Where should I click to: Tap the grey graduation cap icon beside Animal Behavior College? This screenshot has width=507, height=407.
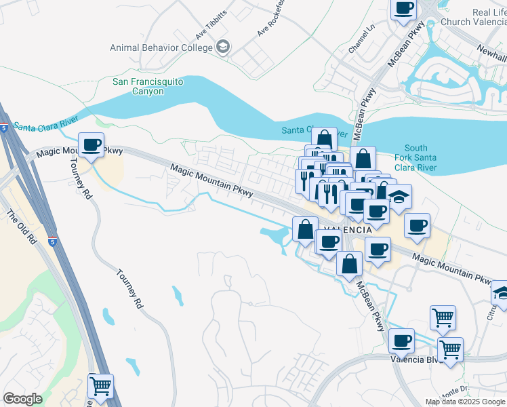pyautogui.click(x=223, y=47)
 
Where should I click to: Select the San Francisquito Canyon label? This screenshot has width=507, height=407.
pyautogui.click(x=148, y=86)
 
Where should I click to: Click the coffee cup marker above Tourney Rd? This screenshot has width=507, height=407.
pyautogui.click(x=92, y=144)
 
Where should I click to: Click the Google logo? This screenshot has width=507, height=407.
pyautogui.click(x=22, y=399)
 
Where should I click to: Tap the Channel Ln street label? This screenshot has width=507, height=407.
pyautogui.click(x=361, y=40)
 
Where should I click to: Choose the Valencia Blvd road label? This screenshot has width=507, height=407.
pyautogui.click(x=412, y=360)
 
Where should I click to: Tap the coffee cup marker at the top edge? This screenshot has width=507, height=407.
pyautogui.click(x=404, y=9)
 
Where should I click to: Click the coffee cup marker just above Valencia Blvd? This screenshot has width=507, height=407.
pyautogui.click(x=403, y=340)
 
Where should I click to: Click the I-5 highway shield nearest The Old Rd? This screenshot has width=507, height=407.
pyautogui.click(x=52, y=241)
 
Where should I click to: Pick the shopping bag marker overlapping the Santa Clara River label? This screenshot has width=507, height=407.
pyautogui.click(x=325, y=140)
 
